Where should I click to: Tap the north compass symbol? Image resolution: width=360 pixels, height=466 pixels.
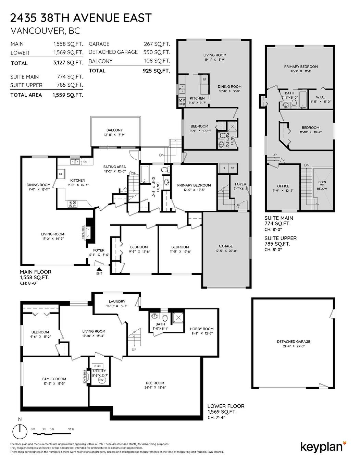click(20, 430)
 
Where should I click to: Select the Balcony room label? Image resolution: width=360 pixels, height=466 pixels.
click(114, 130)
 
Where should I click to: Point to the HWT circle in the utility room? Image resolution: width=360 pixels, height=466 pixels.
click(102, 380)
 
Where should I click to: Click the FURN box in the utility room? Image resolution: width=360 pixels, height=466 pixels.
click(98, 366)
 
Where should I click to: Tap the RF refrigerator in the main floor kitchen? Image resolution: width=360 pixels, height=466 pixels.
click(61, 174)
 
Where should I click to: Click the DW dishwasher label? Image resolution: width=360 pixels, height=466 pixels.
click(85, 161)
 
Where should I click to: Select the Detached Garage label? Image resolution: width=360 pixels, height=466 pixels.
click(293, 342)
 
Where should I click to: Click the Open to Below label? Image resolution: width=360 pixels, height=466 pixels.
click(322, 185)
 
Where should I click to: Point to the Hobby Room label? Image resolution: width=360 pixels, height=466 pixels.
click(202, 329)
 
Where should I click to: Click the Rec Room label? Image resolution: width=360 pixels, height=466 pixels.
click(155, 383)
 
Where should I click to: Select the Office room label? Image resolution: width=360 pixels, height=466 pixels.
click(283, 186)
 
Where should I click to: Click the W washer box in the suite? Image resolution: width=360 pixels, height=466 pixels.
click(233, 168)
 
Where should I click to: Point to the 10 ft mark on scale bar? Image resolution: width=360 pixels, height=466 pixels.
click(71, 429)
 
